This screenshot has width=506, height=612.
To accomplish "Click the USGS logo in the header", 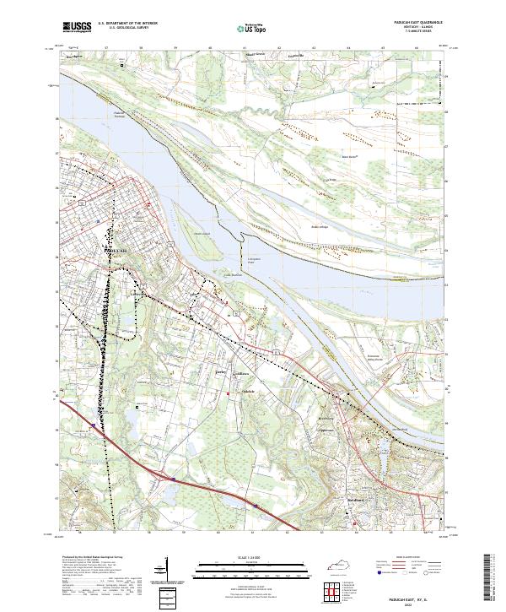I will click(77, 27).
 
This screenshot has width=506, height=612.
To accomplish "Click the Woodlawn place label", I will click(242, 374).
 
